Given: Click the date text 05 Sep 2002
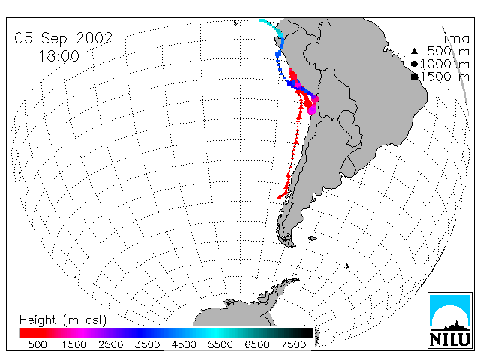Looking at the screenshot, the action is click(x=64, y=39).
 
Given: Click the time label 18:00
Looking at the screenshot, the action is click(x=59, y=56).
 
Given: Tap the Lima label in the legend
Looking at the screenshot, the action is click(x=452, y=39).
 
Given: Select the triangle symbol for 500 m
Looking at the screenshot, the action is click(x=414, y=51).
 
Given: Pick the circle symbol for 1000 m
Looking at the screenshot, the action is click(x=414, y=64).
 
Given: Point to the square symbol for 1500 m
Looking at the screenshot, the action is click(x=415, y=76).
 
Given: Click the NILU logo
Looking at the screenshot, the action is click(x=450, y=320).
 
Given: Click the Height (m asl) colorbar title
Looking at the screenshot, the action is click(x=63, y=320).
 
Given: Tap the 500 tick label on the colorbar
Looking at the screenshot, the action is click(x=37, y=344).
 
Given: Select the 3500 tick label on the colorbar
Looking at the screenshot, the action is click(x=147, y=344).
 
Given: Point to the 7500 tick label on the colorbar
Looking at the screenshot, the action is click(x=293, y=344).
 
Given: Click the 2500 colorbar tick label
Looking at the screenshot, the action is click(x=111, y=344).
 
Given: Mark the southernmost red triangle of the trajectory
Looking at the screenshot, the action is click(x=280, y=197).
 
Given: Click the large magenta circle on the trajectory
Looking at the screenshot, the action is click(x=312, y=110).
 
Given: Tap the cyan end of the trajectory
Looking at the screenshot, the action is click(x=261, y=20).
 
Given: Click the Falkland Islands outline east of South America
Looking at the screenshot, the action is click(x=313, y=238).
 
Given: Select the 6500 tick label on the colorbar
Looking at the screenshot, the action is click(x=257, y=344).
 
